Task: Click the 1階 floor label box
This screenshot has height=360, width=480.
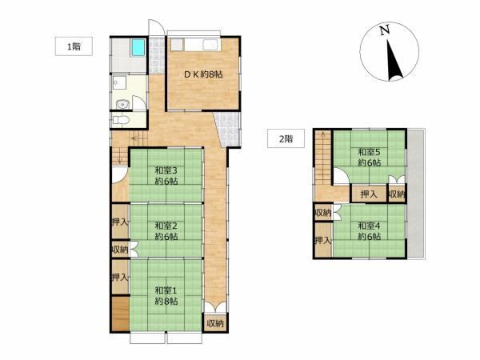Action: tap(74, 46)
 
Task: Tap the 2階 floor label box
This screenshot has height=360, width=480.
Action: tap(286, 138)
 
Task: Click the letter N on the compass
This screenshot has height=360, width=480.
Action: tap(385, 30)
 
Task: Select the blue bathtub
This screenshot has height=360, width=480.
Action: tap(138, 48)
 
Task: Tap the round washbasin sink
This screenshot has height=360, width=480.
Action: tap(123, 105)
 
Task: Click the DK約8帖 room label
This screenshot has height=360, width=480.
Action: tap(203, 74)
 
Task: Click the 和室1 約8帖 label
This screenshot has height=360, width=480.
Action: tap(166, 295)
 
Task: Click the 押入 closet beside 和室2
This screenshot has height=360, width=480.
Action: tap(120, 222)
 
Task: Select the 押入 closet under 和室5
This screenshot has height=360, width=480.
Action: tap(369, 194)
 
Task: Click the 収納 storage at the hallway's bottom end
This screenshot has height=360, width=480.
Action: tap(215, 323)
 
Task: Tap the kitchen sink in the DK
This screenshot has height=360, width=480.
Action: tap(210, 45)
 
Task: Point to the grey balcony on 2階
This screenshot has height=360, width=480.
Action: tap(415, 194)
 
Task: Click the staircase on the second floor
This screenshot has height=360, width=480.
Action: tap(323, 158)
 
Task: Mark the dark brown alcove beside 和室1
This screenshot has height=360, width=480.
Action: tap(120, 314)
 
